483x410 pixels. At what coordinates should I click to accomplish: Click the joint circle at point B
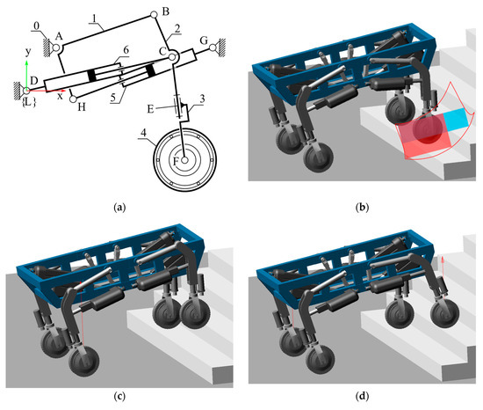coord(154,14)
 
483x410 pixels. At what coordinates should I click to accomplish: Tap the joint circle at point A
coord(56,48)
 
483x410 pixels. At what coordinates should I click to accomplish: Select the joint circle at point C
coord(172,57)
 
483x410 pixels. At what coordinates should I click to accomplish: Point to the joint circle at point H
coord(73,99)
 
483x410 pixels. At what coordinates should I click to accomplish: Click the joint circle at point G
coord(213,48)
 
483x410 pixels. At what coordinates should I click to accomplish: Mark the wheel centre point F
coord(184,160)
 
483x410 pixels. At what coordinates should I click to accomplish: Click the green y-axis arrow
coord(27,75)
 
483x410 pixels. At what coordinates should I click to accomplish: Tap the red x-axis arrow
coord(47,91)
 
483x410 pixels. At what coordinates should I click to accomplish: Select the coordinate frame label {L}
coord(29,102)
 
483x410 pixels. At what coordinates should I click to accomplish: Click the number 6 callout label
coord(126,50)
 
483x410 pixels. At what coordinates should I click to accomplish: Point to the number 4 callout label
coord(143,133)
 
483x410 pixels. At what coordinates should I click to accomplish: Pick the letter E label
coord(150,108)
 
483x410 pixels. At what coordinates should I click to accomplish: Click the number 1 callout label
coord(95,18)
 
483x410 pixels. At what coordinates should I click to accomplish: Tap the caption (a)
coord(119,207)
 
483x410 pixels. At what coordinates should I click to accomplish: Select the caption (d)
coord(362,396)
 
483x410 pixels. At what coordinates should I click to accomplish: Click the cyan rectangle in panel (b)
coord(456,119)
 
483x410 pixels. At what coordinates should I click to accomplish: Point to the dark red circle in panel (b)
coord(428,128)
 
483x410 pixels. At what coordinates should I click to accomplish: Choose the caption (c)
coord(119,396)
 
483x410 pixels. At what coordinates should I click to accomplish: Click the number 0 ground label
coord(37,26)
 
